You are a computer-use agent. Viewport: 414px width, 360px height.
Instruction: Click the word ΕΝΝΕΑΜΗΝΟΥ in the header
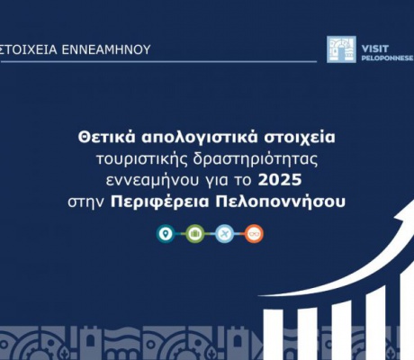(x=106, y=49)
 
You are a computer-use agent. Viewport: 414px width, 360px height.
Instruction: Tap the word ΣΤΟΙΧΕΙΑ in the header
(x=28, y=49)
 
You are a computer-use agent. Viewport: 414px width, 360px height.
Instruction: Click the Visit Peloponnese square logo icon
(x=341, y=49)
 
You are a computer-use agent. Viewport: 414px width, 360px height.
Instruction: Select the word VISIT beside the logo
(x=375, y=49)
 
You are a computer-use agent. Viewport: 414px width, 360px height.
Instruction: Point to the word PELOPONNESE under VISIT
(x=387, y=58)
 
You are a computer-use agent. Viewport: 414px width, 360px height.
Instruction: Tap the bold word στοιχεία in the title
(x=300, y=139)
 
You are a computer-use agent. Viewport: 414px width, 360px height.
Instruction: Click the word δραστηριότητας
(x=255, y=159)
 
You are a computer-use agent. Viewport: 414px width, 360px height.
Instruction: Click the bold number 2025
(x=280, y=180)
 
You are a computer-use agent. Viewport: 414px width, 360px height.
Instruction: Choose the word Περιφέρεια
(x=160, y=202)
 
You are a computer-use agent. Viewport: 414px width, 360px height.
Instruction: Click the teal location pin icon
(x=166, y=234)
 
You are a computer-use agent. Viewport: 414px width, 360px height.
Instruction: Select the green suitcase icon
(x=195, y=234)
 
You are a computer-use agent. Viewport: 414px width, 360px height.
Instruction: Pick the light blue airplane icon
(x=224, y=234)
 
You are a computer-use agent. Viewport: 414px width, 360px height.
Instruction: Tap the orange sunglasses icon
(x=254, y=234)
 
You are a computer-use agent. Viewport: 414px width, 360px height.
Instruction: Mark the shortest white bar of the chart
(x=273, y=335)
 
